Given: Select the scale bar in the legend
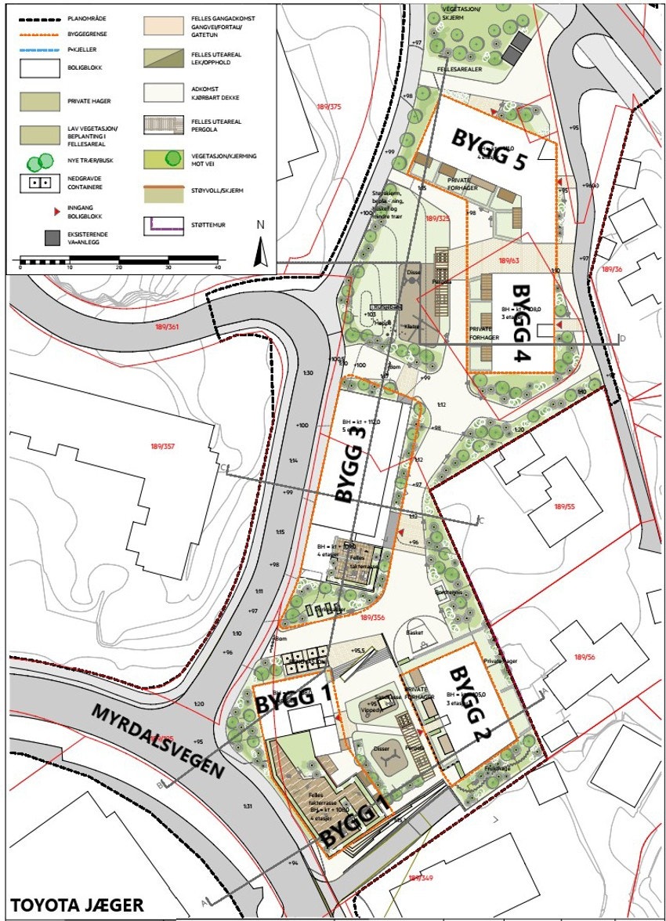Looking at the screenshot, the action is (118, 260).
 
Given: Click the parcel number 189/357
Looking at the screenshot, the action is (163, 447).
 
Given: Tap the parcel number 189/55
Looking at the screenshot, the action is (564, 507).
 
